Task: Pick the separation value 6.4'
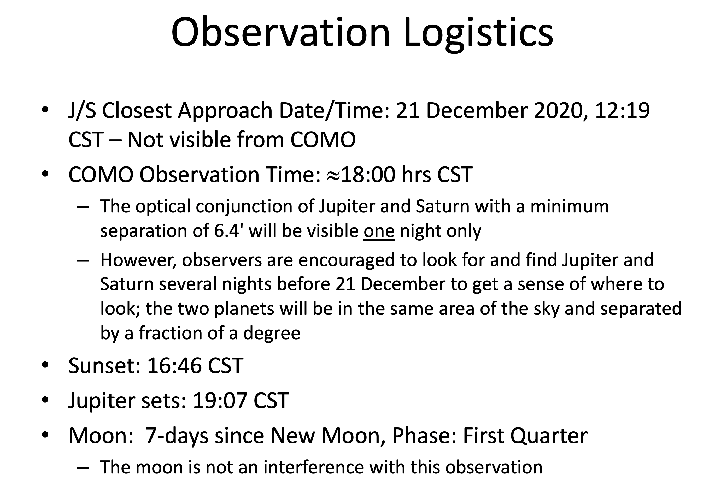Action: [228, 231]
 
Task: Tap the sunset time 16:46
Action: [174, 365]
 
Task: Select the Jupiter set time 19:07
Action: [220, 400]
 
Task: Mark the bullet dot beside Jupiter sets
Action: [45, 400]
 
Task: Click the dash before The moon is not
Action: [83, 468]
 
